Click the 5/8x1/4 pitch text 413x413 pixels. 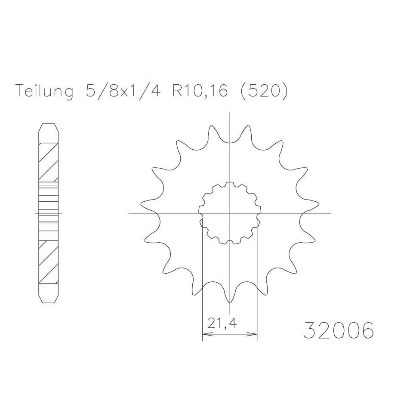point(123,91)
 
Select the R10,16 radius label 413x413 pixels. point(200,91)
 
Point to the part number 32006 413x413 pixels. point(339,330)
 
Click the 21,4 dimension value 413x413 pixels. point(222,323)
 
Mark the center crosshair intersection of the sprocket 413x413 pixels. point(230,213)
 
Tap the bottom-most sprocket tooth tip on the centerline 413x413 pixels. point(230,302)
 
